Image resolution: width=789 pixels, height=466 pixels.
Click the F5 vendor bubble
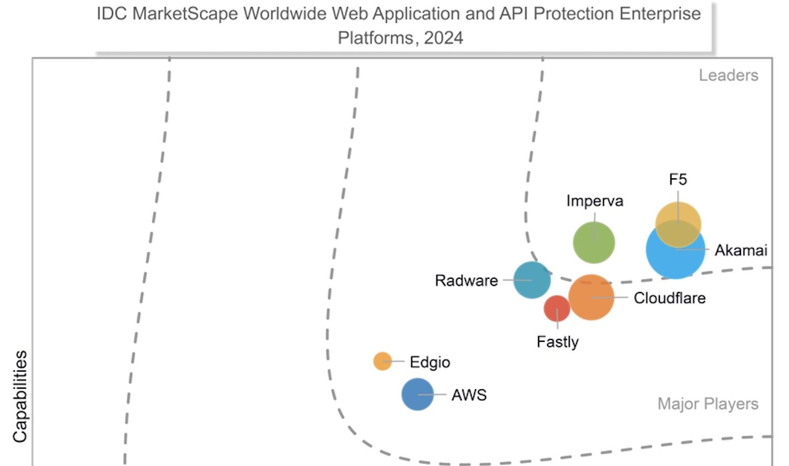678,218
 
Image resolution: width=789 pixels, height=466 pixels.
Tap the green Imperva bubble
594,242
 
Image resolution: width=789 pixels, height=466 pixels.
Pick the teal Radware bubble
532,280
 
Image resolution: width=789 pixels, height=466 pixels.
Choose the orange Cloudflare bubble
591,297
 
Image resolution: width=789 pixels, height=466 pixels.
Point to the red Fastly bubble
557,308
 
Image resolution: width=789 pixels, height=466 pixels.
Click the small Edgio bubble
382,361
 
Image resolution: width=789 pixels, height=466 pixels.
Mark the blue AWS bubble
418,394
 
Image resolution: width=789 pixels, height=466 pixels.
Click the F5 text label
678,179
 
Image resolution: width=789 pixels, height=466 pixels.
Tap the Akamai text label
741,250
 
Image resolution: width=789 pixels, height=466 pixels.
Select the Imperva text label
595,201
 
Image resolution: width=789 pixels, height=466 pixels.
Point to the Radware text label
466,280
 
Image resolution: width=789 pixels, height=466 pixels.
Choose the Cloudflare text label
669,298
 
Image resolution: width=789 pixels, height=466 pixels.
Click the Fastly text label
557,342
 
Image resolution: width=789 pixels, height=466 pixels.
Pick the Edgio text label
430,362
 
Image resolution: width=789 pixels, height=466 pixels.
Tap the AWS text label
469,395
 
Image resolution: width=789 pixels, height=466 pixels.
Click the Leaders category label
728,75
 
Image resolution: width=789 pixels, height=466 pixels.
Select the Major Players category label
708,404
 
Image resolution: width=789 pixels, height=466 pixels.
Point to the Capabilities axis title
20,396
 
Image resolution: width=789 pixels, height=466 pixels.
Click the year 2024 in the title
444,38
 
